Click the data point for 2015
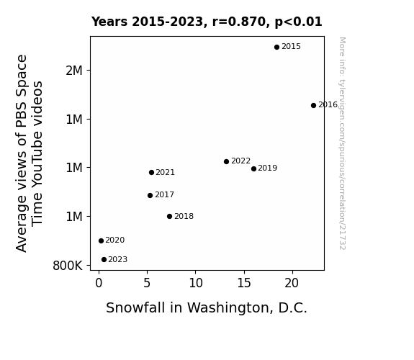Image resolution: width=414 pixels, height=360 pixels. pos(276,48)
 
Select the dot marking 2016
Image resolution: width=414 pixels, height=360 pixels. pos(313,105)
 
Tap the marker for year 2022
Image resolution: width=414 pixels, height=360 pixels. pos(226,162)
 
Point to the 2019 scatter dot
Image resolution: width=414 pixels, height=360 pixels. pos(253,168)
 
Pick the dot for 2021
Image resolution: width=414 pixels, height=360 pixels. pos(151,173)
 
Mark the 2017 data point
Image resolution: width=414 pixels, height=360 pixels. pos(150,195)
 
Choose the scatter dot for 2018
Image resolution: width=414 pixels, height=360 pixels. pos(169,216)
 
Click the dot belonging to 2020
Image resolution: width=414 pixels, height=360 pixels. pos(101,241)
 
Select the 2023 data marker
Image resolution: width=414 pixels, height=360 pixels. pos(104,260)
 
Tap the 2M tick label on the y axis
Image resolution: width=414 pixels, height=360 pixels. pos(74,71)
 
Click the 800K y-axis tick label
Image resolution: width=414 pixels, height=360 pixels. pos(68,266)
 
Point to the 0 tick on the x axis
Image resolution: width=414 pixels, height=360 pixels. pos(99,283)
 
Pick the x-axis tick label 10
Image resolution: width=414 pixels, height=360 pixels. pos(196,283)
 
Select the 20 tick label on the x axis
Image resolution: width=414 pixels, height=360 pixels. pos(292,283)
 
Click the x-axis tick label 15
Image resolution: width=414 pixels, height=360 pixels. pos(244,283)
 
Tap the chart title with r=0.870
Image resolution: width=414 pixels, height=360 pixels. pos(207,22)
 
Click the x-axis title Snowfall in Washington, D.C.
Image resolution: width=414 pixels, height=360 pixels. pos(207,308)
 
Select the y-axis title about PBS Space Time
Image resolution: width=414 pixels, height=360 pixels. pos(29,153)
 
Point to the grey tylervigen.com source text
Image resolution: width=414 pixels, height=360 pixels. pos(343,143)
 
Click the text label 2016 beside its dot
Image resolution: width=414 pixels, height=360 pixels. pos(328,105)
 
